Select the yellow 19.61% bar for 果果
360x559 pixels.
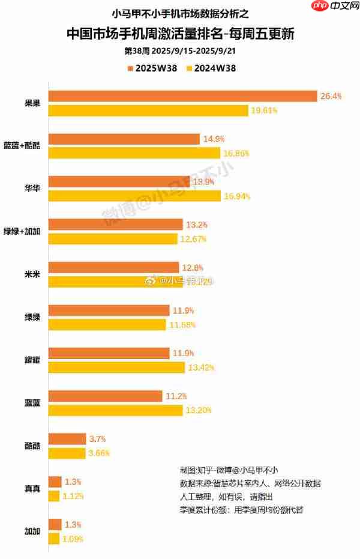point(148,110)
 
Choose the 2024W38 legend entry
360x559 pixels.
point(211,68)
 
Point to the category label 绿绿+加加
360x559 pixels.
point(22,232)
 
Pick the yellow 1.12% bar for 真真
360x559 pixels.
point(53,496)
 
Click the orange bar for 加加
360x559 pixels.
point(54,524)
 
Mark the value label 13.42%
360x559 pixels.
point(201,367)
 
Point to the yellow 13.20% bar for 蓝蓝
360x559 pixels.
point(115,410)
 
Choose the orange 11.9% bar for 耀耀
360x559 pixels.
point(108,353)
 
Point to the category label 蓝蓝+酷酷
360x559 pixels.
point(22,146)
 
